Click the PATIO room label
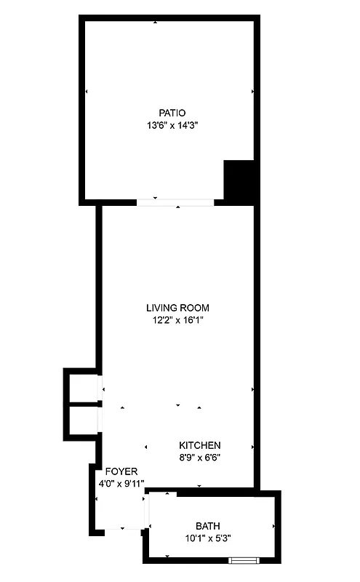point(172,113)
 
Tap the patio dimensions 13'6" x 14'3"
point(172,124)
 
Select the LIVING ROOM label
point(177,308)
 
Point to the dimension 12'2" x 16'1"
point(177,319)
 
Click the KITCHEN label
point(200,445)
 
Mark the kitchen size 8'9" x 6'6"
point(200,458)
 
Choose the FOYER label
point(121,471)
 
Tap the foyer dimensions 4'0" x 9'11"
point(121,483)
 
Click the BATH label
point(208,526)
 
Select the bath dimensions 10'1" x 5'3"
point(208,538)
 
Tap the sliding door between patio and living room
point(175,202)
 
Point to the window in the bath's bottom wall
point(243,560)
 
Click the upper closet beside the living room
point(84,386)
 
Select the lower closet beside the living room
point(84,420)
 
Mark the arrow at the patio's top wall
point(155,23)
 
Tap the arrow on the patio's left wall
point(87,92)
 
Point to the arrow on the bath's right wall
point(273,526)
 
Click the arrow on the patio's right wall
point(252,92)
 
